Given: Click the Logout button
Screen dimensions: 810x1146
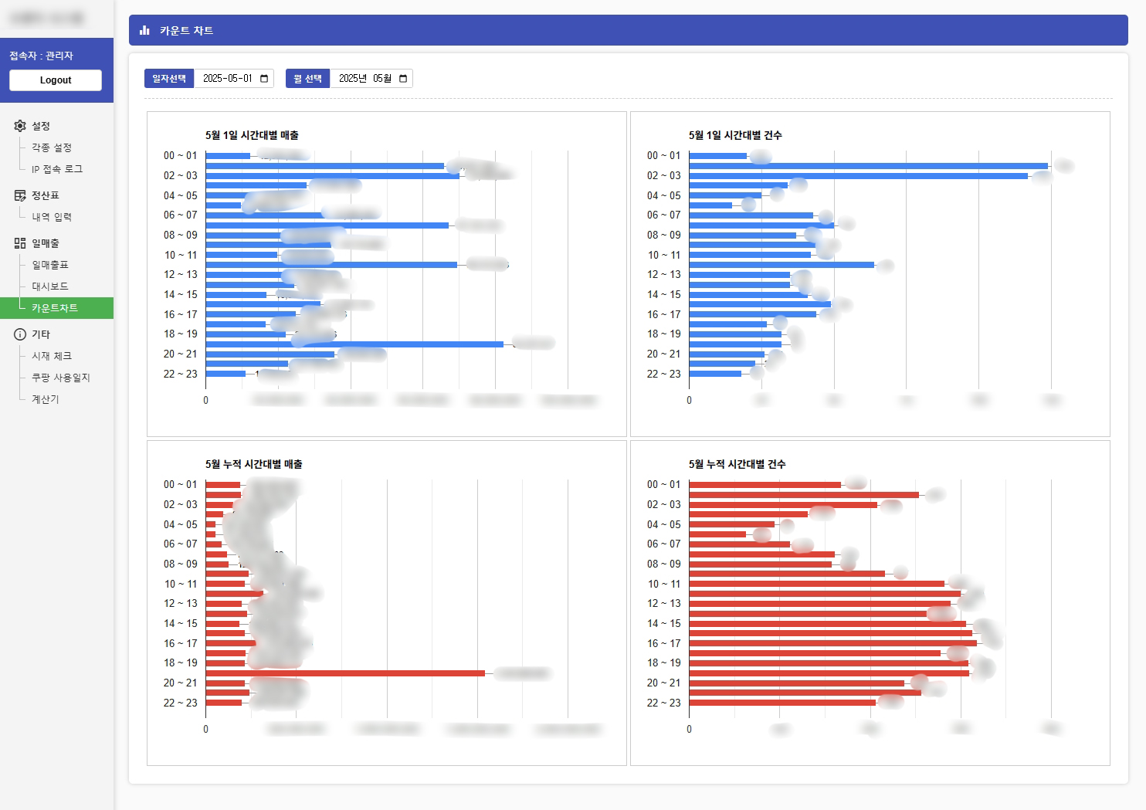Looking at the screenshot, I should click(56, 80).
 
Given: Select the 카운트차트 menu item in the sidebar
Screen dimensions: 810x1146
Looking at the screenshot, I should click(55, 308).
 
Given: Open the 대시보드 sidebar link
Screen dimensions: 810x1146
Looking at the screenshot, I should click(50, 286).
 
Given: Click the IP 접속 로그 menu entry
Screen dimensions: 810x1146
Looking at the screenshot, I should click(57, 169).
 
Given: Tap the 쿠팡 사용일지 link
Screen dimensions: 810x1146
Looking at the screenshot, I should click(61, 378).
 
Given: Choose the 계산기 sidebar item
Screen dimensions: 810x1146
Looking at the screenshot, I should click(46, 399).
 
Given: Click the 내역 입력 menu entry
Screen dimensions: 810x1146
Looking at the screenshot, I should click(52, 217).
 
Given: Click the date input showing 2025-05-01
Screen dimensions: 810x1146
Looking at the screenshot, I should click(233, 79).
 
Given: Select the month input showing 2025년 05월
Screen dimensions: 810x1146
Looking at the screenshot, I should click(371, 79).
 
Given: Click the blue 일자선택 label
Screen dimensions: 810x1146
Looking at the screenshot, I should click(169, 79).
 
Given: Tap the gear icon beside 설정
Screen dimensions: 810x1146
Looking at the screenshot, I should click(20, 126).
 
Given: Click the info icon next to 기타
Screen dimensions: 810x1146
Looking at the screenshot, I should click(20, 334).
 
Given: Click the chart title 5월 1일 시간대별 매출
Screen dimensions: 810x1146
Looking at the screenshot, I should click(252, 135).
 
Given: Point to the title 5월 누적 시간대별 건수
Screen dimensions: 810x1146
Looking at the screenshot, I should click(737, 464).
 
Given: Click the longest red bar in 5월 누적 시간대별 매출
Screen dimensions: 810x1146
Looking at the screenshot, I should click(345, 673).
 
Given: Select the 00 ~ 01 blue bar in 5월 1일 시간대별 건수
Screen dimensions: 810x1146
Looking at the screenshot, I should click(717, 156).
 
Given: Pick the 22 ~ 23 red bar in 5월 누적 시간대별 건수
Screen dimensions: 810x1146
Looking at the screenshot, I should click(782, 703).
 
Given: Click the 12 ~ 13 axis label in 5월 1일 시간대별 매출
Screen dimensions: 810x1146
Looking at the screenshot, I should click(181, 274).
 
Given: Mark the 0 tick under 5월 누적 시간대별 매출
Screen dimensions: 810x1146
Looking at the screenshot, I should click(205, 729).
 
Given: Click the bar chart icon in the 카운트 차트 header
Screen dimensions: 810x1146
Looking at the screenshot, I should click(144, 31).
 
